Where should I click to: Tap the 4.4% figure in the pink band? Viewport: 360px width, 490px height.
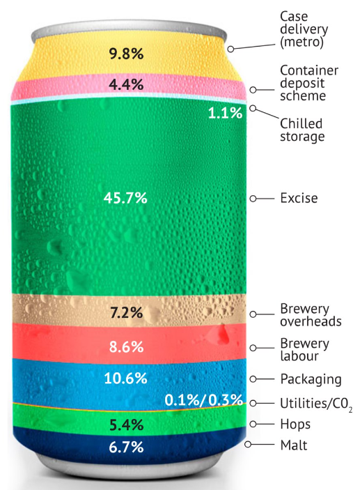(126, 86)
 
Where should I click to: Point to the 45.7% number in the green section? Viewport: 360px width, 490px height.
(126, 198)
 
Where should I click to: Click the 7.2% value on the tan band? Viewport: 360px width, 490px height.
(126, 312)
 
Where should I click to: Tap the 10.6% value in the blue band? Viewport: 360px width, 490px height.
(126, 379)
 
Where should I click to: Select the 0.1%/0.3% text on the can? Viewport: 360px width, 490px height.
(203, 401)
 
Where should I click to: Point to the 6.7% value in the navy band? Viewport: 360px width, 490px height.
(126, 447)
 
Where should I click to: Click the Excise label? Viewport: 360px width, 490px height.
(298, 199)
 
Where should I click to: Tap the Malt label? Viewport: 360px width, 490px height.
(292, 445)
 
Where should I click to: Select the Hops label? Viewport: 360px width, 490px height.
(295, 424)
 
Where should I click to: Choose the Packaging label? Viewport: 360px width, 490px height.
(310, 379)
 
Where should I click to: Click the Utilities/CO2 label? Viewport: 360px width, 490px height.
(315, 404)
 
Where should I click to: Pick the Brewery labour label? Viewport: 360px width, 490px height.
(304, 350)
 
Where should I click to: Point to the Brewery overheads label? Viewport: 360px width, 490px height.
(310, 315)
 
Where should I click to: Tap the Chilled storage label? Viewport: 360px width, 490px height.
(302, 130)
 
